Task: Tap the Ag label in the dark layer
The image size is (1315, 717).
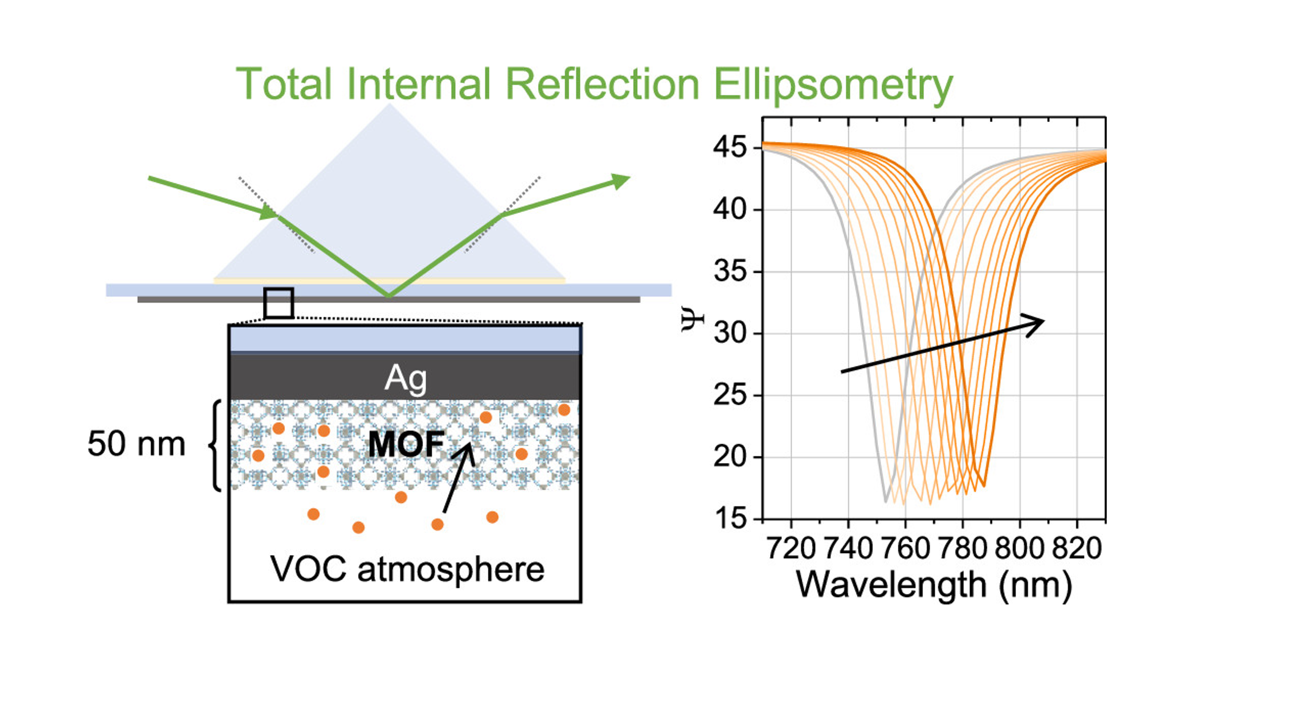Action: tap(405, 379)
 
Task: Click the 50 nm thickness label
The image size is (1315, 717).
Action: tap(136, 444)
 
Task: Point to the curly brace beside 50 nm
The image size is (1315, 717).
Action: tap(216, 445)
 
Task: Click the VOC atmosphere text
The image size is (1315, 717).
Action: tap(407, 569)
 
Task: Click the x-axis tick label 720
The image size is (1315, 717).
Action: tap(791, 549)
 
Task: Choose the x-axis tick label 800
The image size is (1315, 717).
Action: tap(1019, 549)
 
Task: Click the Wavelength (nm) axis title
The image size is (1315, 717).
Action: tap(934, 585)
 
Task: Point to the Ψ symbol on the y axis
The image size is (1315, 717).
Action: tap(693, 320)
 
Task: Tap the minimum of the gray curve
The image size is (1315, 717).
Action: tap(886, 501)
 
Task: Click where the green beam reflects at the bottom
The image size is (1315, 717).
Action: tap(388, 296)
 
